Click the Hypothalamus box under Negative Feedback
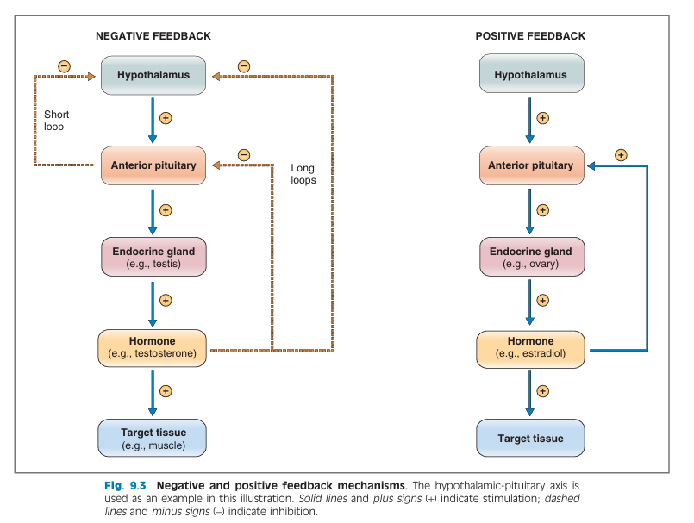tap(153, 75)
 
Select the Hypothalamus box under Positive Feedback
tap(532, 73)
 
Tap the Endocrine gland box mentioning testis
tap(153, 257)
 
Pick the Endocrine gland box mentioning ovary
tap(532, 257)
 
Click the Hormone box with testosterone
tap(152, 348)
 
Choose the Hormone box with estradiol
tap(530, 350)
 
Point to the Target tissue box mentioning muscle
tap(152, 438)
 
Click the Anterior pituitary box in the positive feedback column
tap(532, 165)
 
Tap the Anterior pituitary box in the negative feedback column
tap(153, 165)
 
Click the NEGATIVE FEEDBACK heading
tap(153, 36)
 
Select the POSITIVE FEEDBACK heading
tap(530, 36)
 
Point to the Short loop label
tap(56, 121)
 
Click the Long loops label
tap(303, 174)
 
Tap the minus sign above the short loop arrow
tap(64, 66)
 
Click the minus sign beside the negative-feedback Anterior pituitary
tap(244, 155)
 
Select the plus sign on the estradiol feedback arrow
tap(621, 155)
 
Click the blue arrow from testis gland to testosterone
tap(153, 304)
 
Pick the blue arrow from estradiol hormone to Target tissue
tap(529, 394)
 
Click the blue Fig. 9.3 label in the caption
tap(125, 485)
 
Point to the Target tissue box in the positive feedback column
tap(530, 438)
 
